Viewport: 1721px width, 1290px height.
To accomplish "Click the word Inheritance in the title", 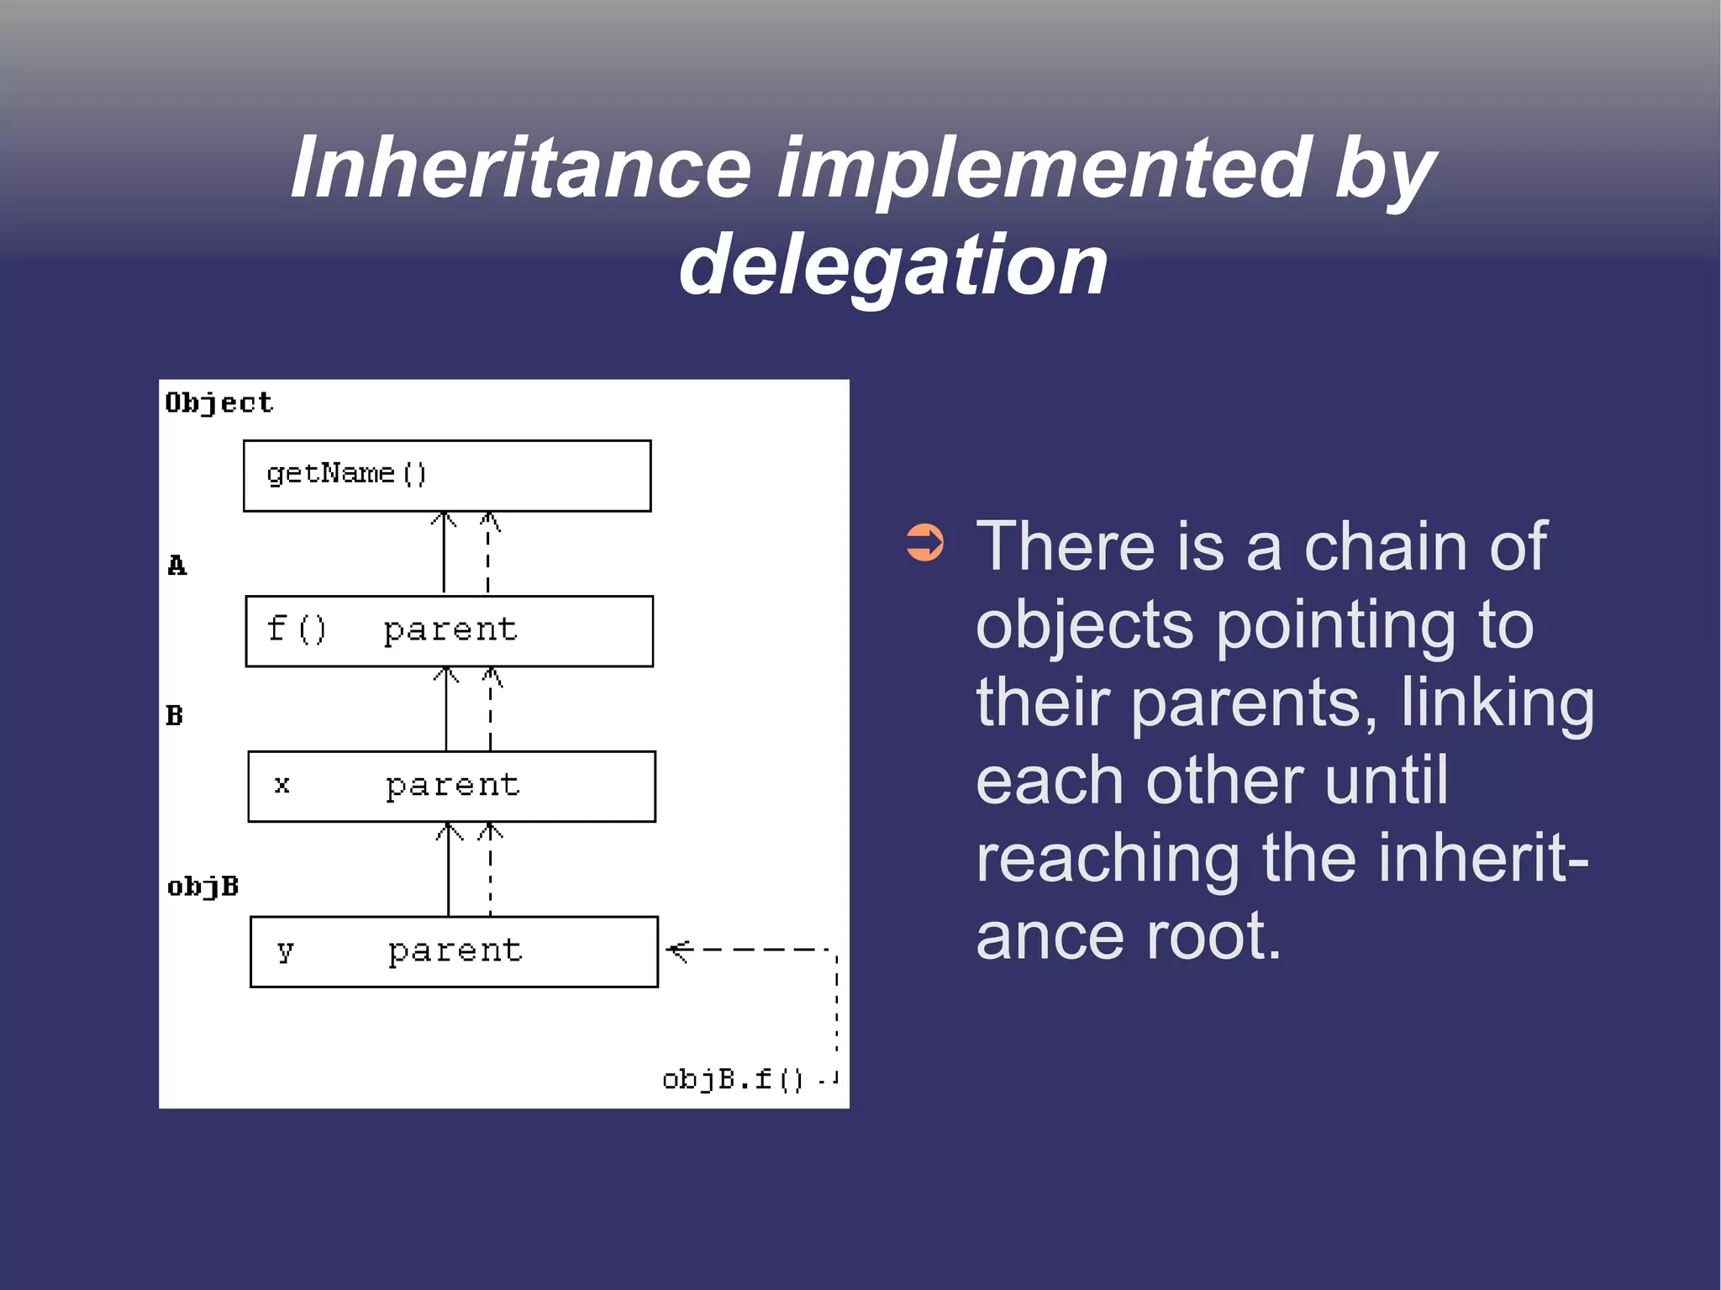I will [x=520, y=168].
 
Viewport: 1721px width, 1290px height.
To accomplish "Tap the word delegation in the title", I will [x=893, y=266].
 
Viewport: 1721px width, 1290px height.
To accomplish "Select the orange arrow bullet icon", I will [x=925, y=543].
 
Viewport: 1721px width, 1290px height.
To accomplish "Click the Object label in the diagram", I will [x=218, y=403].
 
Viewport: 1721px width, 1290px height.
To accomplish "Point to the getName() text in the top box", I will [x=346, y=474].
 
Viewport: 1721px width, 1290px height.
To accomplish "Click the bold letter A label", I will [x=176, y=566].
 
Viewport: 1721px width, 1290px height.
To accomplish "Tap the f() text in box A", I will [x=296, y=629].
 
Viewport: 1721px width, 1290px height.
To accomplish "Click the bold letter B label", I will [x=174, y=716].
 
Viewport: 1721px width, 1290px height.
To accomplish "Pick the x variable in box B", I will [x=282, y=785].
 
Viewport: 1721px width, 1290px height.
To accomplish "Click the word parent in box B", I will [x=453, y=786].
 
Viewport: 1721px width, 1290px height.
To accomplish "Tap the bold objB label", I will [x=203, y=887].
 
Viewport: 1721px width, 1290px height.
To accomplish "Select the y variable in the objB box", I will [x=285, y=951].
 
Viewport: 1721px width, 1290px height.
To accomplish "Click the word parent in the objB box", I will [x=455, y=951].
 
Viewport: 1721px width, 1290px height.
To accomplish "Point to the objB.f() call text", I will [x=732, y=1079].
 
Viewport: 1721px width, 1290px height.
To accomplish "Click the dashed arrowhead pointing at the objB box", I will [x=677, y=950].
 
